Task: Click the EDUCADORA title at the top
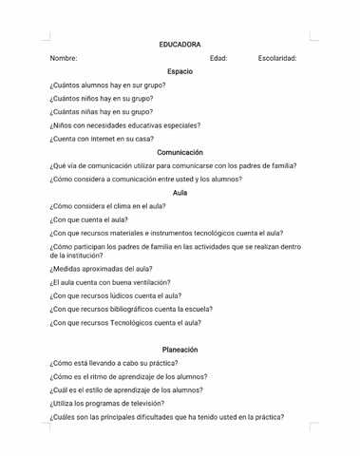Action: coord(180,45)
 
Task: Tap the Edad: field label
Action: coord(218,58)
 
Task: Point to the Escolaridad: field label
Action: coord(277,58)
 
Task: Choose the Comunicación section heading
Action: coord(180,152)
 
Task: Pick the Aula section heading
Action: coord(180,192)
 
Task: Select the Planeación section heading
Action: coord(180,349)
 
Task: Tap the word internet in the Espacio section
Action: coord(100,139)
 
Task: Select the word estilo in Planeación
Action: coord(92,389)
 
